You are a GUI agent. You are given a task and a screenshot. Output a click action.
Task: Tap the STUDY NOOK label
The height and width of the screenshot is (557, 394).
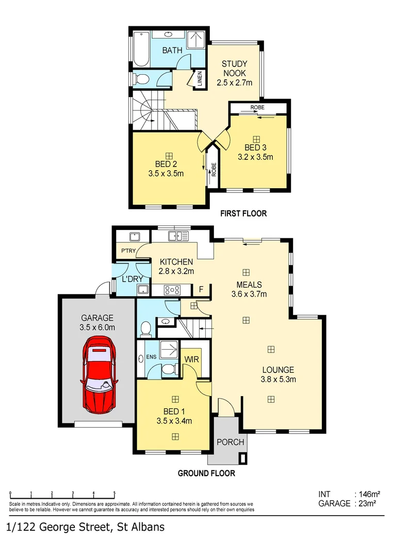235,69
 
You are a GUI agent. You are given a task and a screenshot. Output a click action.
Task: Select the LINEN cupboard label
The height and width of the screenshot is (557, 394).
200,78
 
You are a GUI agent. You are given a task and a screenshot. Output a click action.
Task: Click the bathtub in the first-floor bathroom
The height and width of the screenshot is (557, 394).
141,49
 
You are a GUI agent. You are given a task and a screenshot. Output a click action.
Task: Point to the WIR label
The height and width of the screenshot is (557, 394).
191,359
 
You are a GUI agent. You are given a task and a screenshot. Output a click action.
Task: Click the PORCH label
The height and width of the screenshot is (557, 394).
231,443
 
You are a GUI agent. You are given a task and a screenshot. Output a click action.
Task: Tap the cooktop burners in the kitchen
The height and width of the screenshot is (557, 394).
172,290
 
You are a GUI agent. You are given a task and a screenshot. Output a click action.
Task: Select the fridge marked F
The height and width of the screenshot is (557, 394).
201,289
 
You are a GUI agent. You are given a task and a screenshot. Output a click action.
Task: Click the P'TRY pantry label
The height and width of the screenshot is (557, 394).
128,251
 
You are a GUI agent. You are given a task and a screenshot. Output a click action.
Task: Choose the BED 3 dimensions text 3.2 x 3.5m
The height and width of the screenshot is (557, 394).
255,157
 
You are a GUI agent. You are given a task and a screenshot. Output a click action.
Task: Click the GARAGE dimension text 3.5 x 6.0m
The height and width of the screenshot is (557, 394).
97,327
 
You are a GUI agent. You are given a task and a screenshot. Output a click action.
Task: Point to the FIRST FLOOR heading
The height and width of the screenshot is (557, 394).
243,214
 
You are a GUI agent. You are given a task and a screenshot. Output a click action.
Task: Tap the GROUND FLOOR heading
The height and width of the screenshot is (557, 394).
206,473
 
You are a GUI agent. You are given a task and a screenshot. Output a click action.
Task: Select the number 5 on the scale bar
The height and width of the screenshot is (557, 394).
114,493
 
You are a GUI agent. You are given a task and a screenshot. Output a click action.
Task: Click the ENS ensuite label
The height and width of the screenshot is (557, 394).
151,357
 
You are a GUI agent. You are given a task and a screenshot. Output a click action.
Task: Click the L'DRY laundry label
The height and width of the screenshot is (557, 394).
132,279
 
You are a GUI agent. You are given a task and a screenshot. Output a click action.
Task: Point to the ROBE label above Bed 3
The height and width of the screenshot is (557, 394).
257,107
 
